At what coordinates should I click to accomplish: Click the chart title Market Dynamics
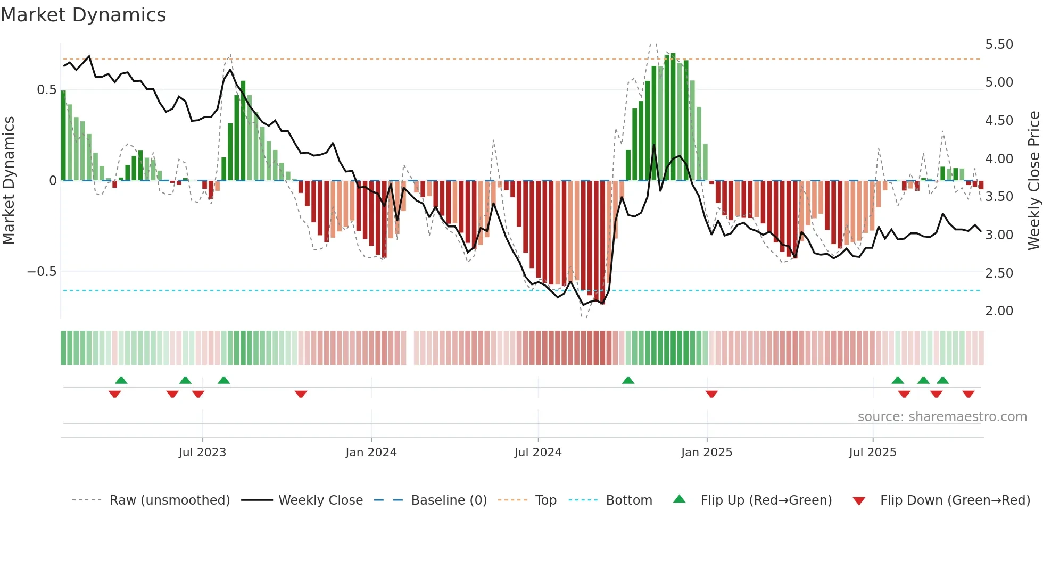83,15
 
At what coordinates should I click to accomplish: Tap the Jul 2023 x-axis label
202,453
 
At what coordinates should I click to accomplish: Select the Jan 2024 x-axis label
371,453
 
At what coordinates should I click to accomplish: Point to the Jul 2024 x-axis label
538,453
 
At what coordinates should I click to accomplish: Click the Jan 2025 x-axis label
707,453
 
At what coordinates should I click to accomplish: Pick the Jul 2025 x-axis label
873,453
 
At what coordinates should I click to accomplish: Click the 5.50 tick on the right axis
999,45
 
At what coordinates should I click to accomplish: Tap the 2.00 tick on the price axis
999,311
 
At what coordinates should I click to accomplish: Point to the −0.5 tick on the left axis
42,272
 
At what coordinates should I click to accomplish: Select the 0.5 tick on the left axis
46,90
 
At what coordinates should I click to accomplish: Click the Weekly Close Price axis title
1033,180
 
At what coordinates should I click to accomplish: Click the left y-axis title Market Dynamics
9,180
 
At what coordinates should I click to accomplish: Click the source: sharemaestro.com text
942,417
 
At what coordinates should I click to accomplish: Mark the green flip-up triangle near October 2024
628,381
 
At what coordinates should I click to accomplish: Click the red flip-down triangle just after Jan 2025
711,394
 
